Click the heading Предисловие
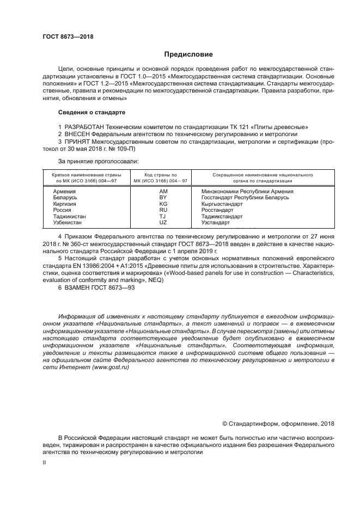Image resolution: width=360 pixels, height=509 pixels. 185,54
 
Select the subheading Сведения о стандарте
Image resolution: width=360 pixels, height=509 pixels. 91,112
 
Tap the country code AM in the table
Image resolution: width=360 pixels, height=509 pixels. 163,192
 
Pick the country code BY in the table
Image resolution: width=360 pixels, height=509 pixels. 163,197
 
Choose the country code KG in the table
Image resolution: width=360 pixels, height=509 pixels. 163,204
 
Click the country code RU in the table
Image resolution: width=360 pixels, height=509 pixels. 163,210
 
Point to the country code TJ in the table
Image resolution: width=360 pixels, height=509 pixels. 163,216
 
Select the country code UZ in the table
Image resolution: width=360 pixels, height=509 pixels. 163,222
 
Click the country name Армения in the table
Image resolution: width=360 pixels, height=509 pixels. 64,192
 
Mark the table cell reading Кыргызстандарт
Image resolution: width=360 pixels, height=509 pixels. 222,204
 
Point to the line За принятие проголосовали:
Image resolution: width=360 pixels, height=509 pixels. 98,162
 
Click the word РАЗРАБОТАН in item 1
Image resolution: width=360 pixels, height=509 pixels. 84,126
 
